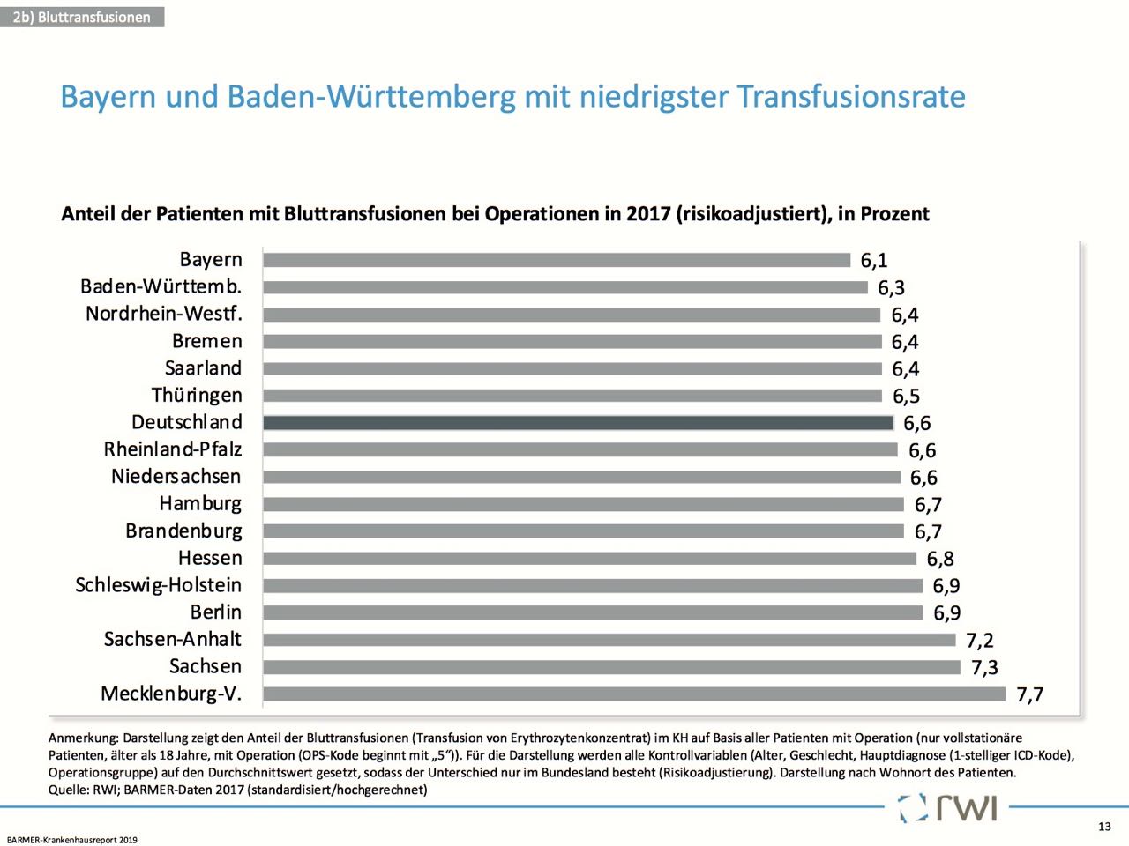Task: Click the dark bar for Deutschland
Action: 578,423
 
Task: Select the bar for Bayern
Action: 557,260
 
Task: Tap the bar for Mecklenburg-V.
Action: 634,694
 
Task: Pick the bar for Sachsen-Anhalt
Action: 609,640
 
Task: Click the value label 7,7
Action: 1029,695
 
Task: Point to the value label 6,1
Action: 874,261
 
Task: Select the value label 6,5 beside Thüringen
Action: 906,397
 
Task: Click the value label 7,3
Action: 984,668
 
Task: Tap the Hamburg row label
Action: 200,504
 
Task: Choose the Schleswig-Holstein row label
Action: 159,585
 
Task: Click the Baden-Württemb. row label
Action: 161,287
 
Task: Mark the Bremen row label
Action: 207,342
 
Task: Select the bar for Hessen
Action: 589,559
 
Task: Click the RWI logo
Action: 950,807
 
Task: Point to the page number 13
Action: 1104,827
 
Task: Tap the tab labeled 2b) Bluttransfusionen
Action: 82,17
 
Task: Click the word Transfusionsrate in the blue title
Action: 851,97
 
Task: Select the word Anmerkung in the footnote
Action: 83,738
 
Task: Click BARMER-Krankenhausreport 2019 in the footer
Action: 72,840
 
